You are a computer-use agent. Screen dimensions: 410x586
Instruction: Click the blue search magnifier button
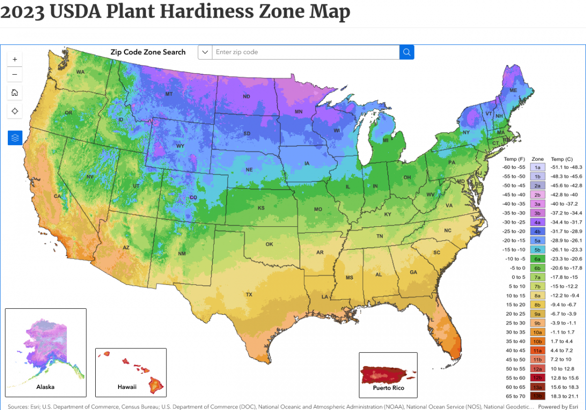click(x=407, y=52)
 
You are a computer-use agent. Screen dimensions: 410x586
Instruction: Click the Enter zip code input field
click(x=305, y=52)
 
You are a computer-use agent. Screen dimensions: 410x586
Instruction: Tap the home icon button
click(x=15, y=92)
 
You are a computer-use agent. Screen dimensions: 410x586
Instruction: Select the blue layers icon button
click(x=15, y=138)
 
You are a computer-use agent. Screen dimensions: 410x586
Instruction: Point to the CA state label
click(x=57, y=196)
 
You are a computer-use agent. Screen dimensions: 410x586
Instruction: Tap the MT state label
click(x=169, y=94)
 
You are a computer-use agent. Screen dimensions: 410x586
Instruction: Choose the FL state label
click(x=431, y=320)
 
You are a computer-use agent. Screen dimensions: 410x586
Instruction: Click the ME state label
click(x=513, y=91)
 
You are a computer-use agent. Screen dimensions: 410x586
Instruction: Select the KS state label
click(x=261, y=208)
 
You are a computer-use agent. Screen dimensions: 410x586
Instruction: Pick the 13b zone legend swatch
click(x=538, y=395)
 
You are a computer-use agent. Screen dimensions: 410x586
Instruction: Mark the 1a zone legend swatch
click(x=538, y=167)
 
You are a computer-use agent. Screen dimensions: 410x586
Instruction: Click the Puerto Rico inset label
click(x=388, y=388)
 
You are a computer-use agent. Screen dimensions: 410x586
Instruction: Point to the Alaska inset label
click(x=45, y=387)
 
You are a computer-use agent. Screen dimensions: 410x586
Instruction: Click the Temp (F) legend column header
click(x=514, y=159)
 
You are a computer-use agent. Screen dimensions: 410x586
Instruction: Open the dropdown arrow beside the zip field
click(x=205, y=52)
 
